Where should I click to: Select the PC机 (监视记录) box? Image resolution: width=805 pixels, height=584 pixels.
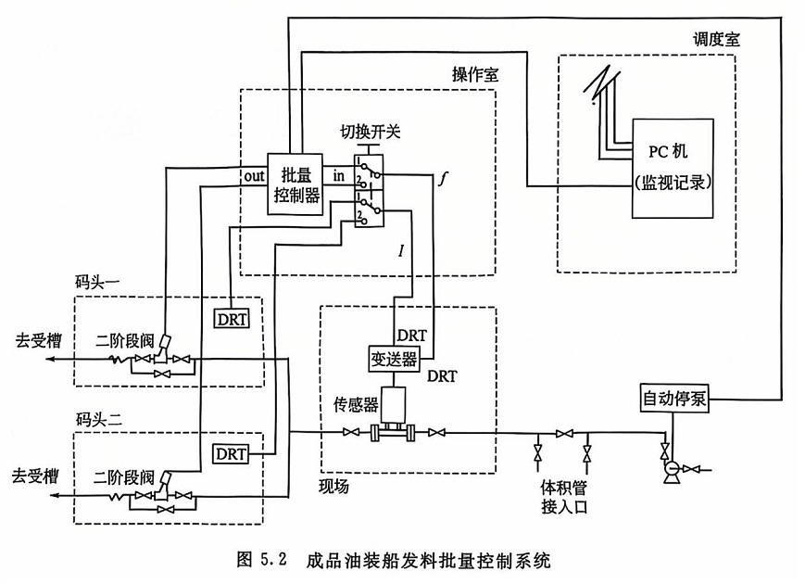tap(673, 167)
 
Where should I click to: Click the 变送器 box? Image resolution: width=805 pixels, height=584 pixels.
tap(394, 359)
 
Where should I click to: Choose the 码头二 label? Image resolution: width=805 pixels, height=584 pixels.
tap(98, 418)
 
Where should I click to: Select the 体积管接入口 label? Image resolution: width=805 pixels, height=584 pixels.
tap(565, 497)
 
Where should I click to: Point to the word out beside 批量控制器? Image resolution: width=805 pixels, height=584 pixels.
tap(254, 175)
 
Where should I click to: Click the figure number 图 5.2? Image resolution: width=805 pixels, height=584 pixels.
tap(263, 560)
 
